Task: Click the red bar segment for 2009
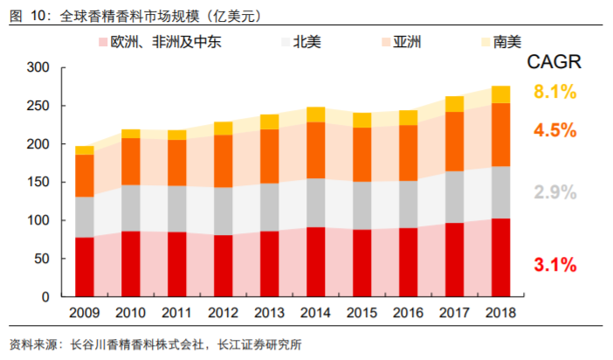pyautogui.click(x=85, y=267)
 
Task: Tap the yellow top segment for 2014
pyautogui.click(x=316, y=114)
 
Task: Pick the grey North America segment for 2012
pyautogui.click(x=224, y=211)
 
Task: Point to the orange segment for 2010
pyautogui.click(x=131, y=161)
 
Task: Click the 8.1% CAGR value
pyautogui.click(x=555, y=92)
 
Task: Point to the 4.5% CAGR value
pyautogui.click(x=555, y=130)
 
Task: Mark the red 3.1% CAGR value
pyautogui.click(x=555, y=264)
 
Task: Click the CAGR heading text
pyautogui.click(x=554, y=62)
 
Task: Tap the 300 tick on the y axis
pyautogui.click(x=38, y=68)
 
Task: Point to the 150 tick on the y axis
pyautogui.click(x=38, y=183)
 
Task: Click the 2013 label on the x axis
pyautogui.click(x=270, y=312)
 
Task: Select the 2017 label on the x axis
pyautogui.click(x=455, y=312)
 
